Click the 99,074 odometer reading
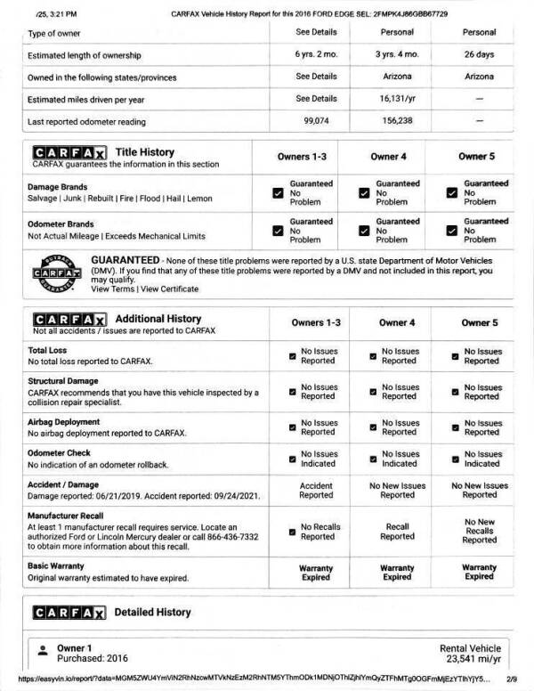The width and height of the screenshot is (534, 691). (x=317, y=121)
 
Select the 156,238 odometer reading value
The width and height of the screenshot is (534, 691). (x=398, y=121)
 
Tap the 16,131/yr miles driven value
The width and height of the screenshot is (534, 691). (x=398, y=99)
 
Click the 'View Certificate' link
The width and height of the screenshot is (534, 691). (x=169, y=289)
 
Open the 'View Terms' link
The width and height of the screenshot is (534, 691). (x=112, y=289)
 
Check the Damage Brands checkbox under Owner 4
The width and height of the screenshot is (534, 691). (x=363, y=192)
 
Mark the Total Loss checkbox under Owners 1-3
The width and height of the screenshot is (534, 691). (x=292, y=357)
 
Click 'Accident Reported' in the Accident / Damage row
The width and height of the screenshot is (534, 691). (x=316, y=490)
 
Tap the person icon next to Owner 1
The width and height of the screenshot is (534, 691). (x=41, y=651)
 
